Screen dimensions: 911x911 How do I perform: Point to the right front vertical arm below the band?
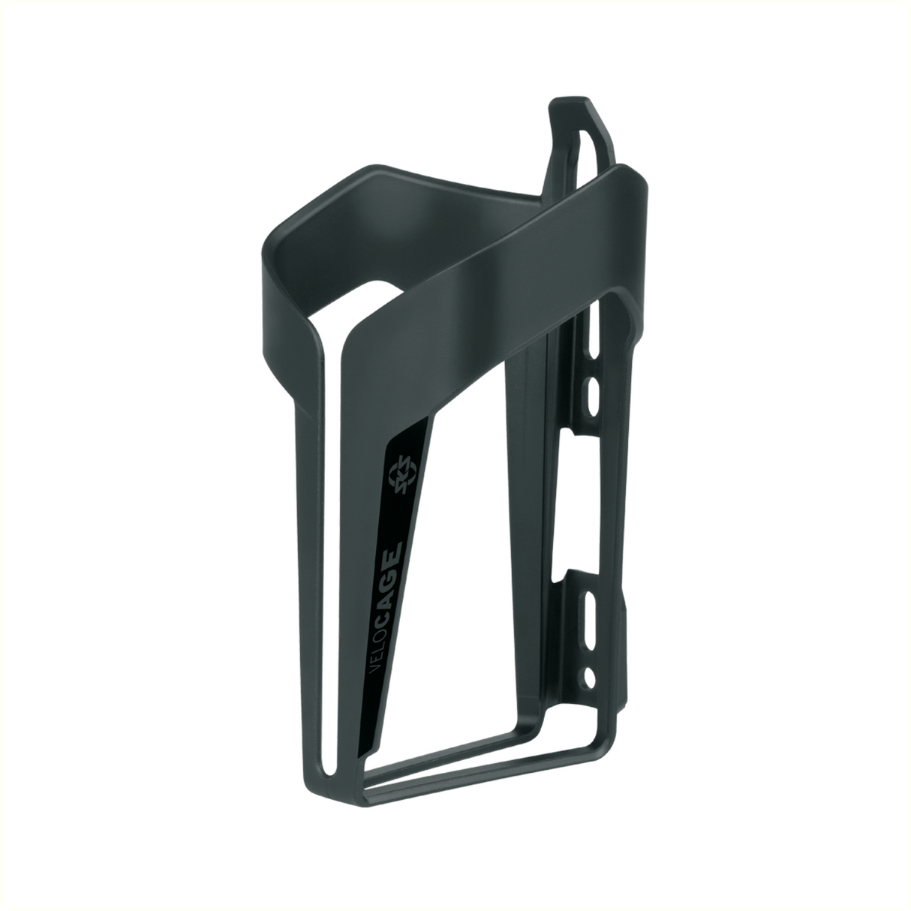525,525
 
